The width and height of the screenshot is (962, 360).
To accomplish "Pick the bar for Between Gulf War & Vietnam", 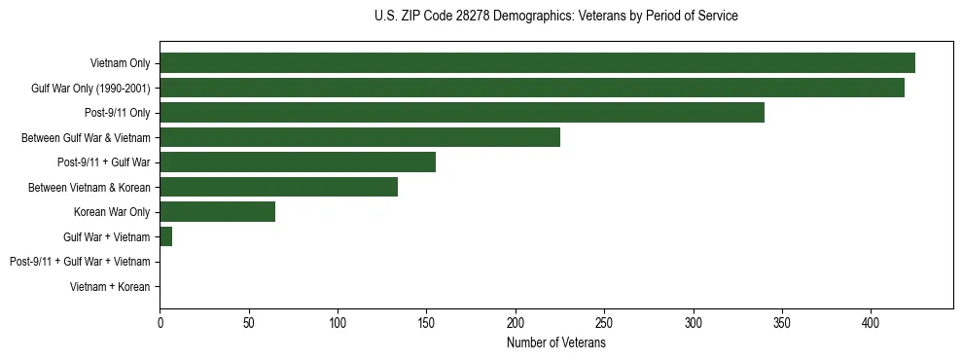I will [x=360, y=137].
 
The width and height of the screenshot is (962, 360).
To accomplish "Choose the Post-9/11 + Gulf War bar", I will [x=298, y=162].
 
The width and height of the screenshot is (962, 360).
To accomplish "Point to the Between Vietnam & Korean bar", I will [x=278, y=187].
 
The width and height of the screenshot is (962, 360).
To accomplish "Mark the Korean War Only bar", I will [x=217, y=212].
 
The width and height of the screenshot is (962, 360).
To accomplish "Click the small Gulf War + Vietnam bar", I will [x=166, y=236].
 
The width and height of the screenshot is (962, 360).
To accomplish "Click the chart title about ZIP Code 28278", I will [x=555, y=17].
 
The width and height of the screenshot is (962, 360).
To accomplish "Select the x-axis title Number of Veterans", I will [x=555, y=343].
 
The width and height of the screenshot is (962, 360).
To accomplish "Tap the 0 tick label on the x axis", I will [x=160, y=322].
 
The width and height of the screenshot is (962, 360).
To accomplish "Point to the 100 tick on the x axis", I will [x=338, y=322].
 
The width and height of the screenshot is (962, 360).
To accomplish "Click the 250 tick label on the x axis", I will [x=604, y=322].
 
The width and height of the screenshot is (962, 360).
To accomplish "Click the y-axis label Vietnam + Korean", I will [x=110, y=287].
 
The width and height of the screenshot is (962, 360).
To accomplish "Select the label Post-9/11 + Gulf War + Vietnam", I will [x=80, y=262].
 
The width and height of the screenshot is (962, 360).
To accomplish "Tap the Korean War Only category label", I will [x=112, y=212].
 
